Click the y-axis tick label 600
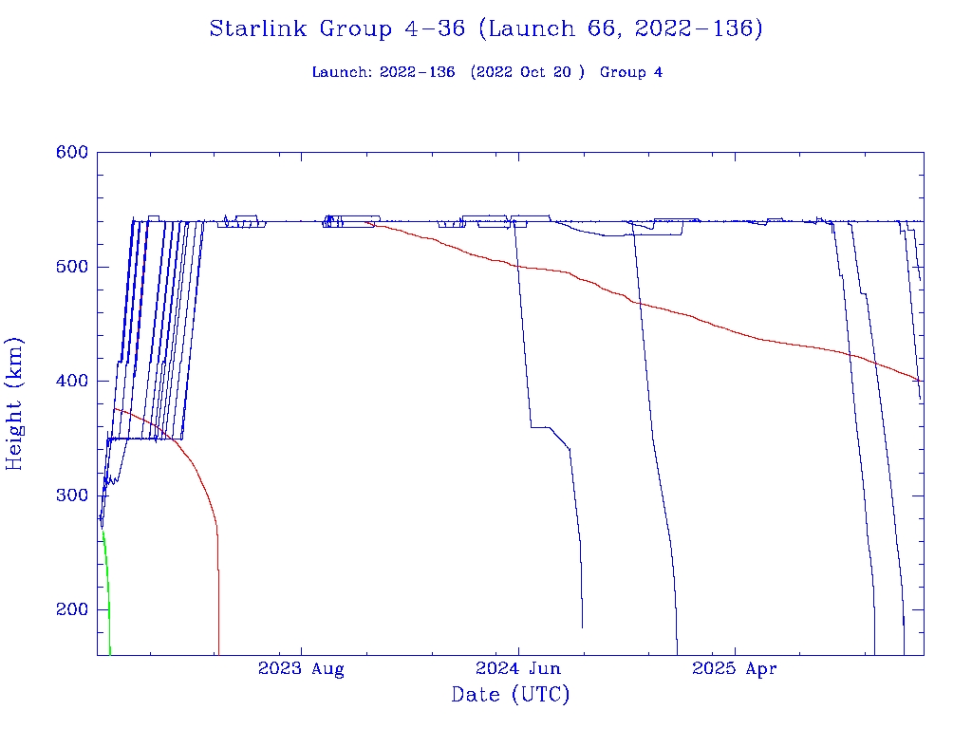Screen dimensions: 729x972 [x=72, y=153]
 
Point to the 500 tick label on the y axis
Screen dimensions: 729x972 [x=72, y=267]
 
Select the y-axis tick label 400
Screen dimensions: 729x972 [x=72, y=382]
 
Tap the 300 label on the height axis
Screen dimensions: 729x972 [x=72, y=495]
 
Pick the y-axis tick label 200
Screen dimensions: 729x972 [x=72, y=610]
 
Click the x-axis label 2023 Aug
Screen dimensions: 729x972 [x=301, y=669]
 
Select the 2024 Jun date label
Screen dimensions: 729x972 [x=518, y=669]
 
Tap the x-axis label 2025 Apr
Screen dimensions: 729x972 [x=735, y=669]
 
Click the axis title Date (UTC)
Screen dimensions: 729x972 [x=511, y=696]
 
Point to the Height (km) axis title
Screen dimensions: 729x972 [x=15, y=403]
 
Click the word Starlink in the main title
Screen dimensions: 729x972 [x=260, y=29]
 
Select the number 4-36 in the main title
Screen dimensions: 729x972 [x=434, y=29]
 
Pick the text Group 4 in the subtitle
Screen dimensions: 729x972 [x=631, y=73]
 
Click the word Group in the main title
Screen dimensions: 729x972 [x=357, y=29]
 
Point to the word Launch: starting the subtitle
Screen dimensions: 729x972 [x=342, y=73]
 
